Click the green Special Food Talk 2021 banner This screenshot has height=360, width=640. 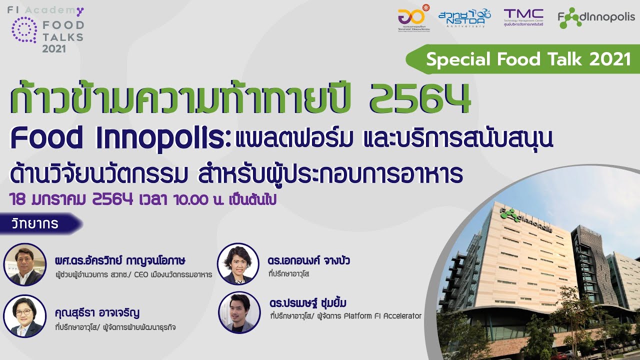(x=528, y=59)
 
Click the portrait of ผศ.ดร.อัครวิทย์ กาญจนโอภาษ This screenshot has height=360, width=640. (x=24, y=264)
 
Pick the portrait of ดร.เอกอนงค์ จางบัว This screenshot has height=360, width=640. (x=238, y=263)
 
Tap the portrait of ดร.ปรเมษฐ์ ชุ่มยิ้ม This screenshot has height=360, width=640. (x=238, y=312)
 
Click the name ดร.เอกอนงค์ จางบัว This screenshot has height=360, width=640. (x=308, y=261)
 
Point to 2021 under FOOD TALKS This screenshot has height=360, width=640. (x=54, y=48)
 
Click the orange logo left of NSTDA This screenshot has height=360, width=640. (x=413, y=18)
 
